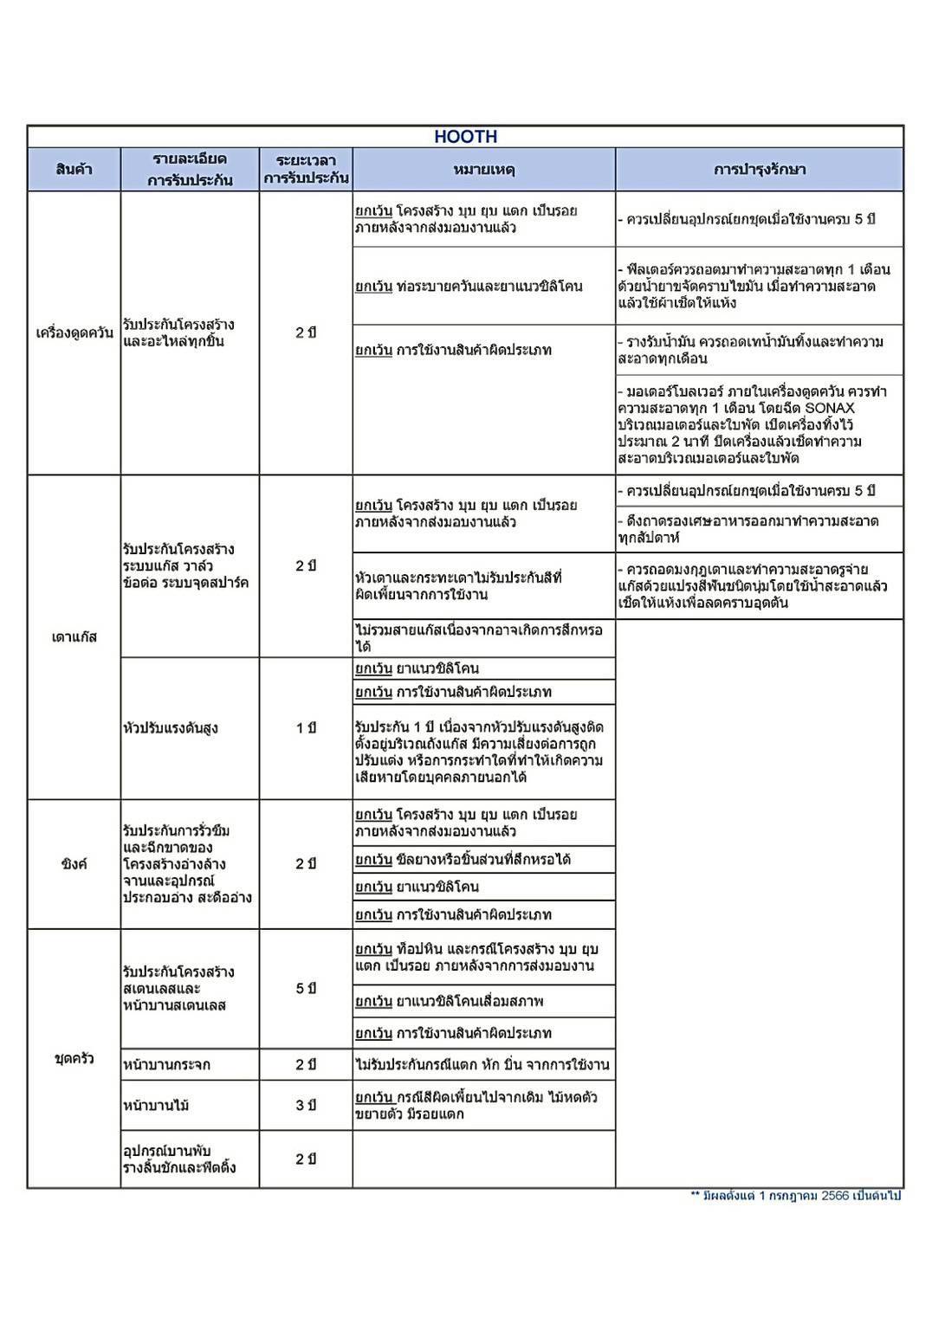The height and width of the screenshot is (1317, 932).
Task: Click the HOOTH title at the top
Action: [465, 137]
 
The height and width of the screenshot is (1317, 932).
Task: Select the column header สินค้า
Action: [74, 170]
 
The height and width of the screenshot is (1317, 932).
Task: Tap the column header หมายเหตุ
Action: [483, 170]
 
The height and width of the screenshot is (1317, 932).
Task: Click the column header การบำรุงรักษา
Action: [759, 170]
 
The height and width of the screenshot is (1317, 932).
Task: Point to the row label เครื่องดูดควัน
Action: [74, 333]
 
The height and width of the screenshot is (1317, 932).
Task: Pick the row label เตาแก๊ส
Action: [74, 637]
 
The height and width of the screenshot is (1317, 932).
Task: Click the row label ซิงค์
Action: [74, 864]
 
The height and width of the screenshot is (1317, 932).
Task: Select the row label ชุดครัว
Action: [74, 1058]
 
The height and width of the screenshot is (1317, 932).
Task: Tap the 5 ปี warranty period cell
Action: [305, 988]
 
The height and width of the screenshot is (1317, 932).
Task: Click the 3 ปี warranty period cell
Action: [305, 1105]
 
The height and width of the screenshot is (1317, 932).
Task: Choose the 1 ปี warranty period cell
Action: [305, 728]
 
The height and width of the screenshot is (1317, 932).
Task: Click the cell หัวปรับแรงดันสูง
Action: [170, 728]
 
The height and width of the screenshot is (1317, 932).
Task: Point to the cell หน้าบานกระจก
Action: [167, 1064]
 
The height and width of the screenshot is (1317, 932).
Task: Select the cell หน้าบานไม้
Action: [157, 1105]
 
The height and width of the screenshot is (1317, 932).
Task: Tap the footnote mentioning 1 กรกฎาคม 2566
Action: [795, 1196]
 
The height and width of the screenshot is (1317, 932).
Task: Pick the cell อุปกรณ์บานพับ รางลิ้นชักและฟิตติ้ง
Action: [179, 1159]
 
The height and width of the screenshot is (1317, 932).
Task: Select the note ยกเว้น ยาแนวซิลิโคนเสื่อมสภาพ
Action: [449, 1002]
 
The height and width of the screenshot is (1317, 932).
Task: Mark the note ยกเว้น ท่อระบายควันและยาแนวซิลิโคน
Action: [469, 287]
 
